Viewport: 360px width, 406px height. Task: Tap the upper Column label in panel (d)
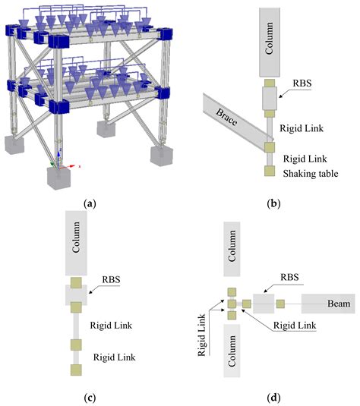(232, 250)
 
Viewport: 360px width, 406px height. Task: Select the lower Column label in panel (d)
(232, 352)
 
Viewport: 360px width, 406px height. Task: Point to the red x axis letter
(80, 164)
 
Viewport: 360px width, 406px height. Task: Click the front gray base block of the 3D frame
(64, 179)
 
